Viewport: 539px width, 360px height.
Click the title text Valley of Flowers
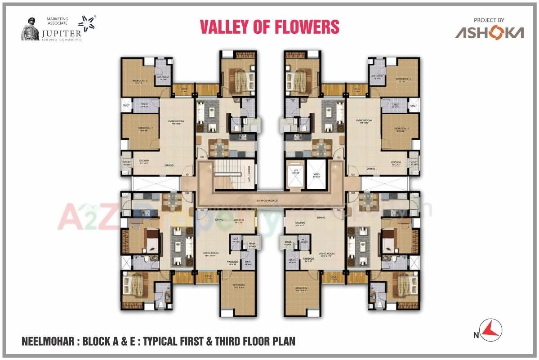pos(269,27)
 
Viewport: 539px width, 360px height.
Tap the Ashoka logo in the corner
pos(489,32)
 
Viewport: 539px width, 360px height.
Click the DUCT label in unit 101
pos(126,106)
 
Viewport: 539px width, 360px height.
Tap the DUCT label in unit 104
pos(413,106)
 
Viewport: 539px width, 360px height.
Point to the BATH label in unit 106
pos(293,261)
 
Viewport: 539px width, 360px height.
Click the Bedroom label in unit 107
pos(238,286)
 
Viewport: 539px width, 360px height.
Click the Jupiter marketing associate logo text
pos(62,32)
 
